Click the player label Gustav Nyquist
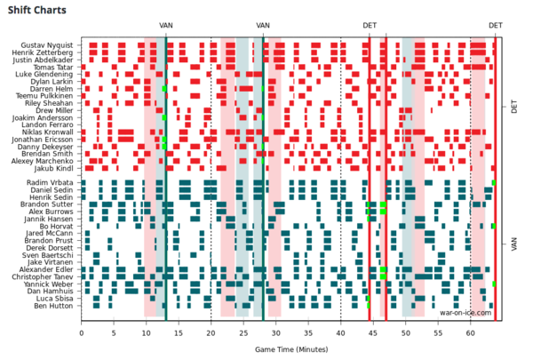[x=52, y=44]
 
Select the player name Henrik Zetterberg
[x=48, y=52]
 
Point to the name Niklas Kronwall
[x=51, y=132]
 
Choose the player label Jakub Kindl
[x=57, y=168]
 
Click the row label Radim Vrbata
[x=54, y=183]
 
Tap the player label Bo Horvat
[x=59, y=227]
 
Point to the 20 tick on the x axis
[x=211, y=334]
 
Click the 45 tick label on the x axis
[x=373, y=334]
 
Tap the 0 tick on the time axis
[x=82, y=334]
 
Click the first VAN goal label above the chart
[x=166, y=26]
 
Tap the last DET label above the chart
[x=495, y=26]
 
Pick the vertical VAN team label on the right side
[x=514, y=243]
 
